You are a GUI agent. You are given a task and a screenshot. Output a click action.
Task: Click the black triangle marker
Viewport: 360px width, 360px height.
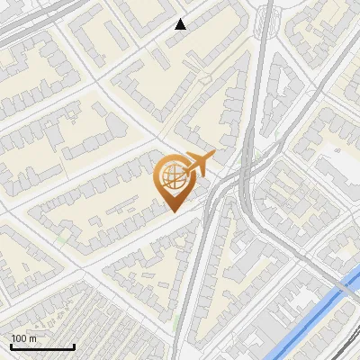(x=180, y=24)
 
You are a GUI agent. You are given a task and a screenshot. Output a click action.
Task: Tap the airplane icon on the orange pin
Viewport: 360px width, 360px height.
(x=200, y=164)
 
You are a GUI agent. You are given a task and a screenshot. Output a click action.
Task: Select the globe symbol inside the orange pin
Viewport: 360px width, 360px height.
(x=172, y=176)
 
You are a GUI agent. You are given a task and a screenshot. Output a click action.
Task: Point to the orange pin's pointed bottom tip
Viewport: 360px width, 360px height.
(x=172, y=211)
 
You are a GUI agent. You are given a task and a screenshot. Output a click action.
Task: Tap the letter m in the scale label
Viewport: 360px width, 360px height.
(x=33, y=338)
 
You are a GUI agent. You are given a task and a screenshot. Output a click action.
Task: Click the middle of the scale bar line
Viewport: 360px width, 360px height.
(x=41, y=347)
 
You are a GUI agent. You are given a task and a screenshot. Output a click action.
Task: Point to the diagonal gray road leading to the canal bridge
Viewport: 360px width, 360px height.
(x=297, y=243)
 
